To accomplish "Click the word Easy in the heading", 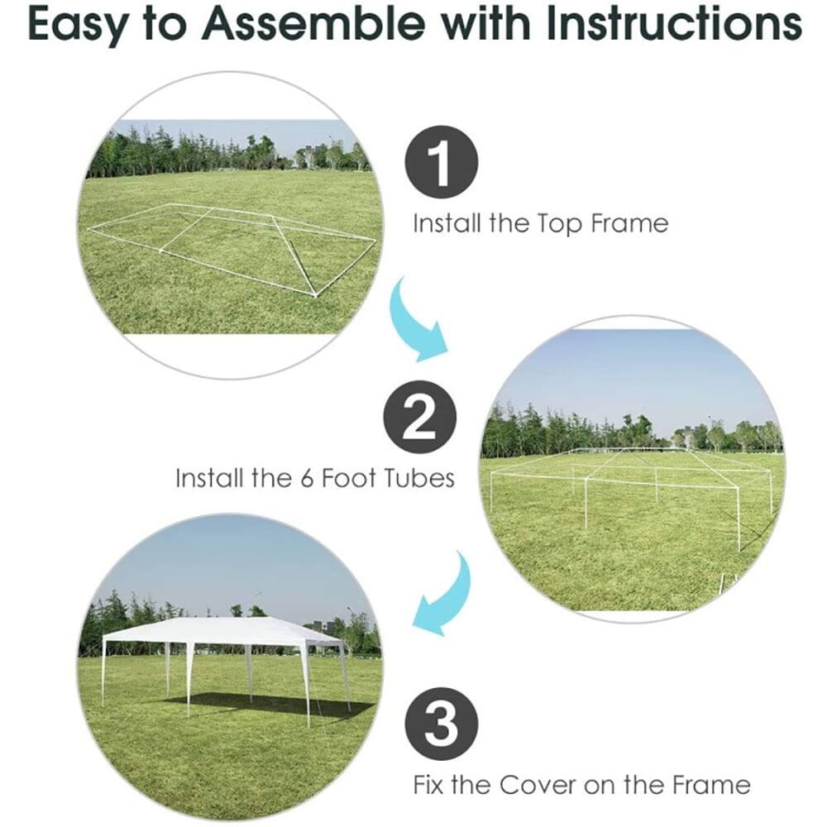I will coord(79,26).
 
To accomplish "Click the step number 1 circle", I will coord(442,163).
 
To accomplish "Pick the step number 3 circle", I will coord(442,724).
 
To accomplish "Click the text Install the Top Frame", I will coord(540,223).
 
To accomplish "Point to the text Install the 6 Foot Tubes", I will coord(315,479).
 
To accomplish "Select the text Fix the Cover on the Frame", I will coord(581,784).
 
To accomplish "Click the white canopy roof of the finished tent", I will coord(223,631).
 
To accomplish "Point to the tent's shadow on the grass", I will coord(273,705).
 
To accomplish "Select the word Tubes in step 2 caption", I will coord(418,479).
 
